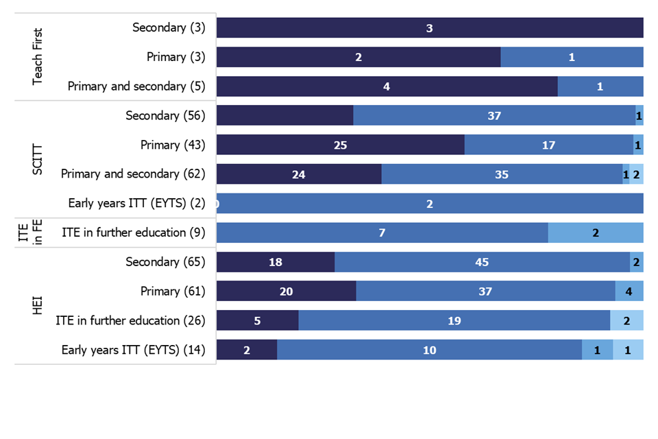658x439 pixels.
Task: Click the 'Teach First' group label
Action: (38, 57)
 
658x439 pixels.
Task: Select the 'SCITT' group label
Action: (38, 159)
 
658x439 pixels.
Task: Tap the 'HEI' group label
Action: (38, 305)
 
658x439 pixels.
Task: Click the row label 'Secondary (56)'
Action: (165, 115)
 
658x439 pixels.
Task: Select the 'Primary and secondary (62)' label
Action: (133, 174)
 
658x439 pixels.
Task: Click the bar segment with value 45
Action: (482, 262)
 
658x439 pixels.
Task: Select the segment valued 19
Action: (454, 320)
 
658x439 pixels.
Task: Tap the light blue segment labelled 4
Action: (629, 292)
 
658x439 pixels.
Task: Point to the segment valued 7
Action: (382, 233)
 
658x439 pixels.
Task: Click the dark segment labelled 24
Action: (299, 174)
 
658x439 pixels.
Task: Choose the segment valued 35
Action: (502, 174)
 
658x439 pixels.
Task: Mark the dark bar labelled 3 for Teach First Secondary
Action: (430, 28)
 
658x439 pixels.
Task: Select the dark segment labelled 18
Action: (276, 262)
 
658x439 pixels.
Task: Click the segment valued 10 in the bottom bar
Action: (429, 350)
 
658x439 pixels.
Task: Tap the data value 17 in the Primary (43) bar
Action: (548, 145)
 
